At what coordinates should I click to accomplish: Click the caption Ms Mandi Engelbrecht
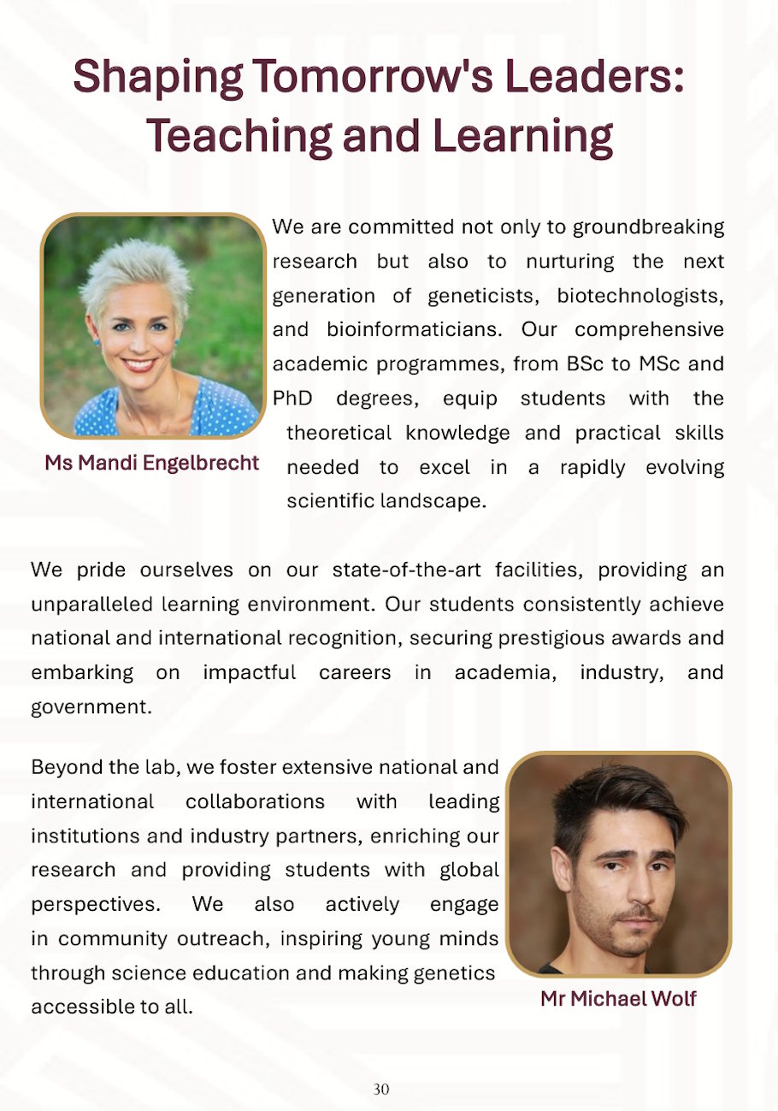pos(152,463)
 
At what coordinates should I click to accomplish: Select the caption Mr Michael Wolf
pos(618,998)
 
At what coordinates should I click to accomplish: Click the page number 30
pos(381,1089)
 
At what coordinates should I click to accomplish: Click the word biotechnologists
pos(639,296)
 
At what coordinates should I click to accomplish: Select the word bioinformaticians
pos(414,330)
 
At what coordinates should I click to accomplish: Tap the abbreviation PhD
pos(292,399)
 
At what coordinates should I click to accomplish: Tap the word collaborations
pos(255,801)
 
